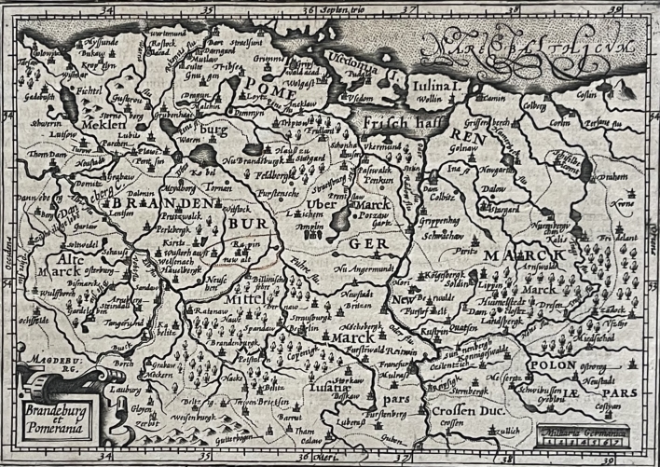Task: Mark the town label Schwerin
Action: [x=33, y=122]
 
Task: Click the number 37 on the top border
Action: [x=406, y=10]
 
